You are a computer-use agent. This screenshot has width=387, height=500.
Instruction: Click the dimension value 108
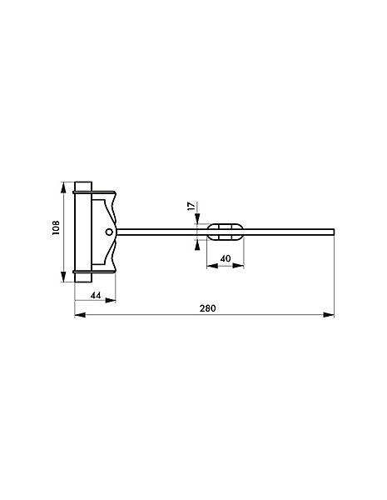(56, 227)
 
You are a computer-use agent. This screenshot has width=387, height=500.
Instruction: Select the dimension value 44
(96, 296)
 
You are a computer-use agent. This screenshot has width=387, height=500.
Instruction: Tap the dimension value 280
(208, 308)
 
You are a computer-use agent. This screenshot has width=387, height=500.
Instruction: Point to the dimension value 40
(226, 258)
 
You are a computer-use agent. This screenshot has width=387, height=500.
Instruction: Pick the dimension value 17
(191, 206)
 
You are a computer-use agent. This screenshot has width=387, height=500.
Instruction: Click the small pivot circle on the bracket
(109, 232)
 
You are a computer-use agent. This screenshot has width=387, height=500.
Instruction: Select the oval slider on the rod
(226, 232)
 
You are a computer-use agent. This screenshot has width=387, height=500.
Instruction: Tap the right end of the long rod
(334, 232)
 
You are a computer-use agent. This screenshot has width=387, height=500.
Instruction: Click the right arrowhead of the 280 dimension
(329, 315)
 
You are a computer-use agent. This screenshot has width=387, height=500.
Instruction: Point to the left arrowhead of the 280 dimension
(80, 315)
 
